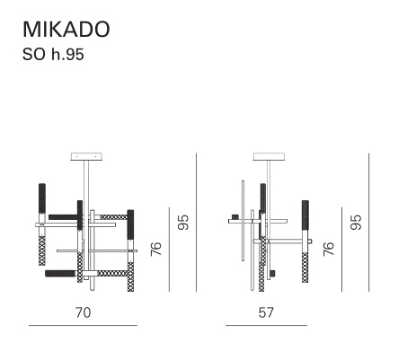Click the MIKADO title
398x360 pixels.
click(x=66, y=30)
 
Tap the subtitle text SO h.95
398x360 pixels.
click(x=53, y=55)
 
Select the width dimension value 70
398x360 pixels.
click(x=83, y=312)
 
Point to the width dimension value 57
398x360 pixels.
click(x=266, y=312)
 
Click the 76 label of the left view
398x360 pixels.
click(x=156, y=249)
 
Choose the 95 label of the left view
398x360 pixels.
click(x=183, y=222)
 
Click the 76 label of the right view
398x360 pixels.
click(x=329, y=249)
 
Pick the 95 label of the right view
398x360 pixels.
click(x=356, y=222)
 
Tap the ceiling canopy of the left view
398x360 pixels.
click(x=86, y=156)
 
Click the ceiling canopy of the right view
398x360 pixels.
click(x=269, y=156)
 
